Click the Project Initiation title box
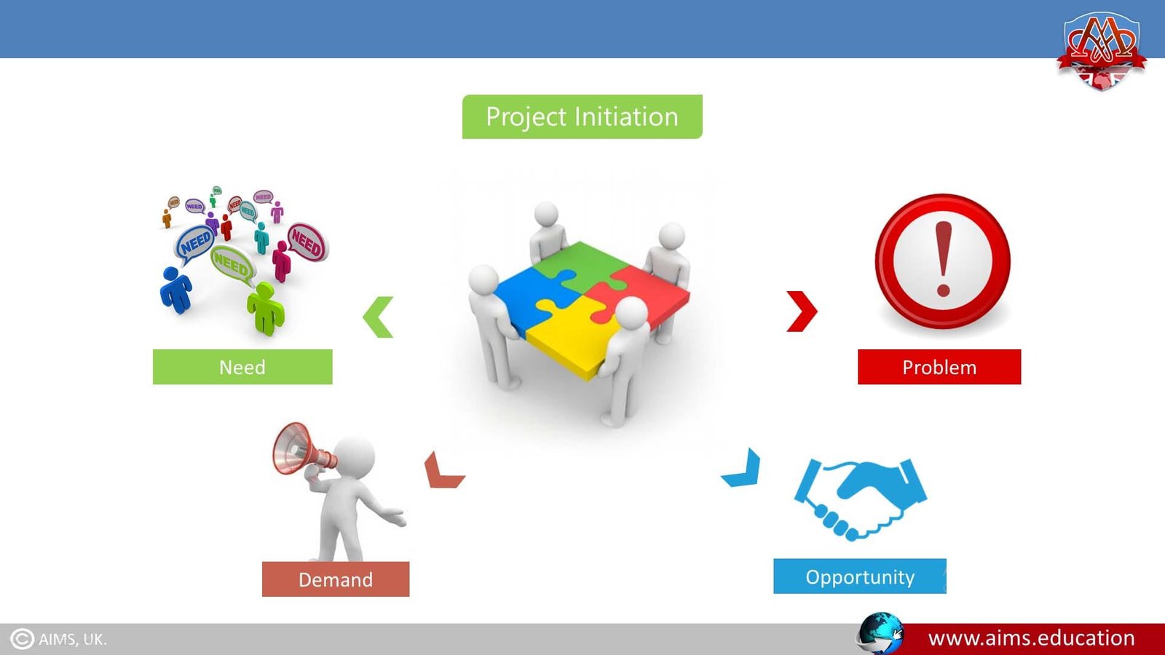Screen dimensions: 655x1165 point(582,116)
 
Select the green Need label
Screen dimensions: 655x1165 point(242,367)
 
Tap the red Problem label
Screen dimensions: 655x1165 point(939,367)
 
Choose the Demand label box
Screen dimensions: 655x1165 point(336,579)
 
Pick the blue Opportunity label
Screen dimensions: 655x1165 point(859,576)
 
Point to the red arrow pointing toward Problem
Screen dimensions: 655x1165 point(802,311)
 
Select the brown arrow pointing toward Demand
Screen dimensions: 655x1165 point(441,472)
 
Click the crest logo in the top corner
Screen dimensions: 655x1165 point(1102,49)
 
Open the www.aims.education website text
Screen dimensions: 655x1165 point(1031,638)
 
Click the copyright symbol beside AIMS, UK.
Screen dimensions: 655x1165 point(22,639)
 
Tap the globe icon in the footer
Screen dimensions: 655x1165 point(880,633)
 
